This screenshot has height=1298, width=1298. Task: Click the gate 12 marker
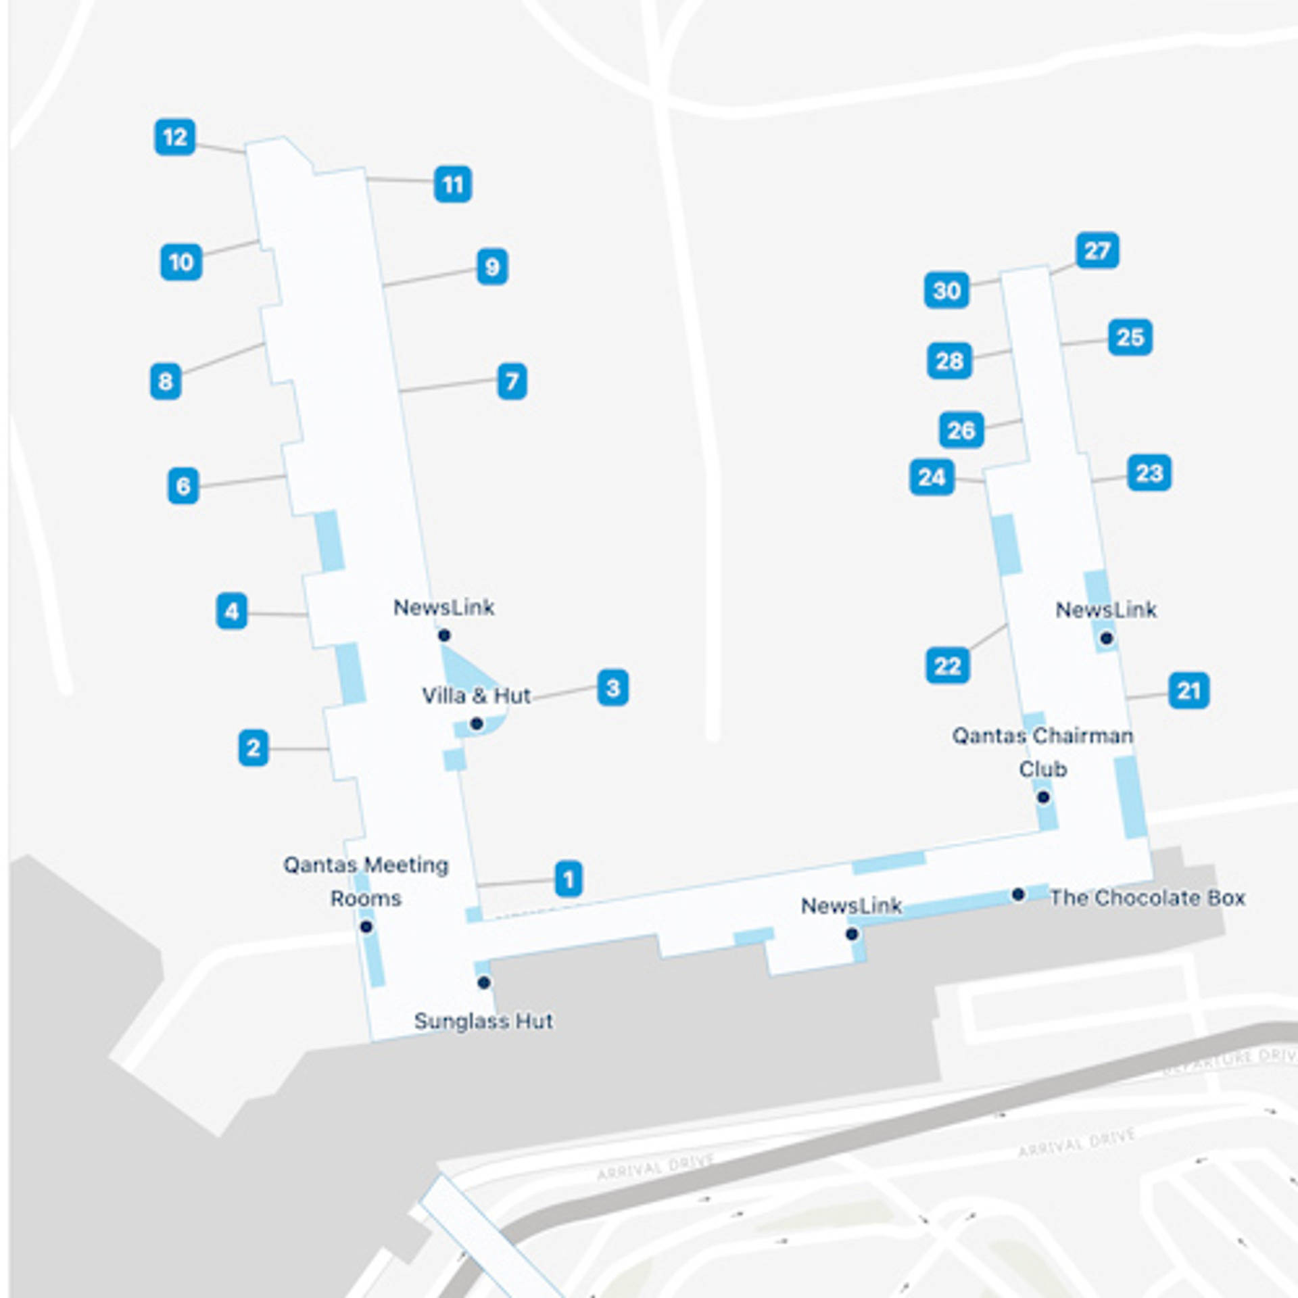coord(175,137)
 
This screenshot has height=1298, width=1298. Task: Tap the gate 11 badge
coord(452,184)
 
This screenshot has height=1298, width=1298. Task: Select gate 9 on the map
coord(492,267)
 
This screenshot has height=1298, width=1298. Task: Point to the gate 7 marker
coord(512,381)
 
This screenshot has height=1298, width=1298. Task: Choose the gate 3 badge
coord(612,688)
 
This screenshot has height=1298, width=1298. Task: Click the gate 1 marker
coord(569,879)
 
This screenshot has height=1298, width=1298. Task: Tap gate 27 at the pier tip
coord(1097,251)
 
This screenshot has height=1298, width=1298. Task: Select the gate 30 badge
coord(946,291)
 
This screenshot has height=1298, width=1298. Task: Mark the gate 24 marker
coord(932,477)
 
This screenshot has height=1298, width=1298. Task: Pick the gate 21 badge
coord(1188,691)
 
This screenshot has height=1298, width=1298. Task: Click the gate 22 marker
coord(947,666)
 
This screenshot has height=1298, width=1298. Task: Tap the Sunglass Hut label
coord(483,1021)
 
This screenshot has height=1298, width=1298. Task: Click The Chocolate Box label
coord(1147,898)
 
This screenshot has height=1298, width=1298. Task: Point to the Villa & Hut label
coord(476,696)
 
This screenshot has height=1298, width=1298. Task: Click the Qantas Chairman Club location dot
coord(1043,798)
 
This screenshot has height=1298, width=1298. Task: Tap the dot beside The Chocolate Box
coord(1018,894)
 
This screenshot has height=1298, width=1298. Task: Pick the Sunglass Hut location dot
coord(483,982)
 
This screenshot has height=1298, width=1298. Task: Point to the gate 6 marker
coord(183,485)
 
